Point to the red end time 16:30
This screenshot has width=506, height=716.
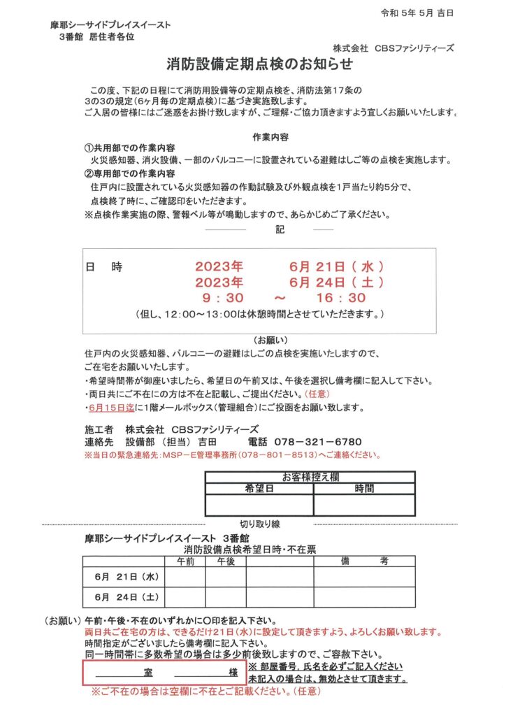click(341, 298)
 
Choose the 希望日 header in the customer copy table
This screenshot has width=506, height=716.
click(259, 488)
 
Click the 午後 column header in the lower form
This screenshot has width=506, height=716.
click(226, 561)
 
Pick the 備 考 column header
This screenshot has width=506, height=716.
click(364, 561)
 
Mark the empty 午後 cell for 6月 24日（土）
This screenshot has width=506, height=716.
click(226, 598)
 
